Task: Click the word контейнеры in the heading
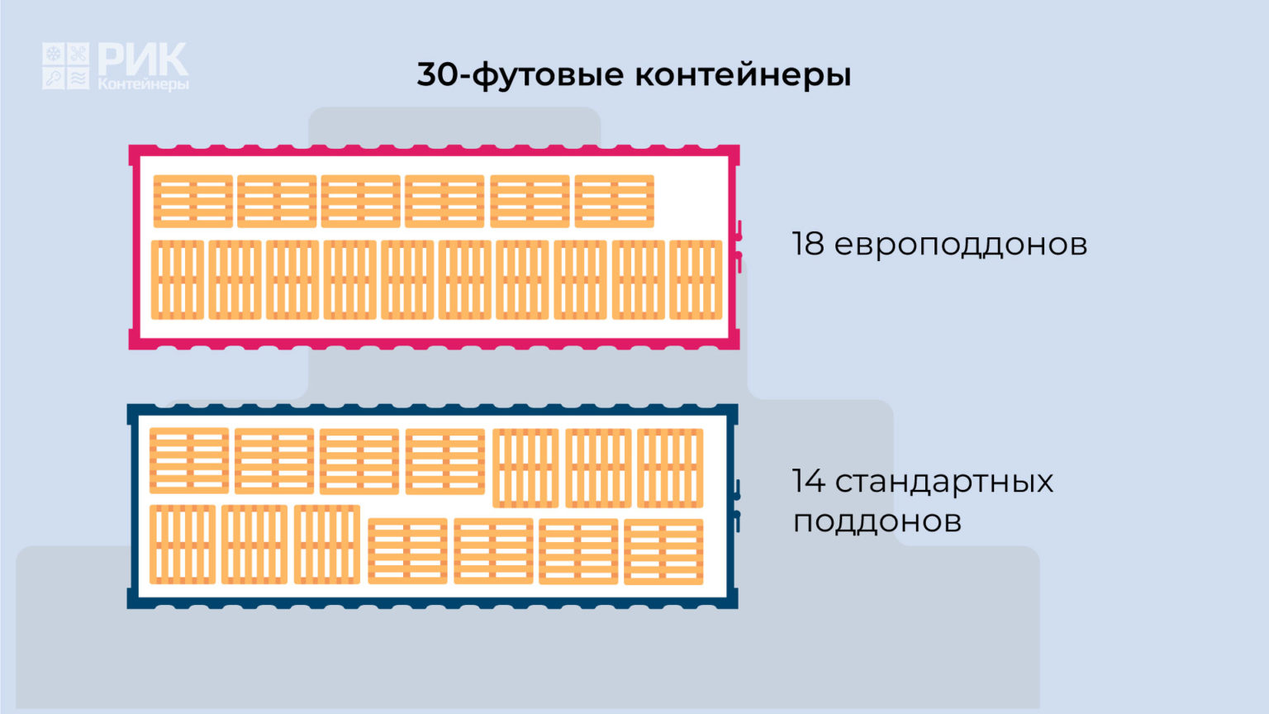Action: coord(743,75)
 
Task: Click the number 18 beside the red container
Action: coord(808,244)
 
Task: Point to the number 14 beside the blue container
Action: coord(809,481)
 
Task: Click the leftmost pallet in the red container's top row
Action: coord(193,201)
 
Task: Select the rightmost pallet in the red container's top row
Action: coord(614,201)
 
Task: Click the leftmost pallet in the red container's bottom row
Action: coord(178,280)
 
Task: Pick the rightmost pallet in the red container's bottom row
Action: coord(696,280)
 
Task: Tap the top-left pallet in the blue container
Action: coord(189,460)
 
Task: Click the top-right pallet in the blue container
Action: coord(670,468)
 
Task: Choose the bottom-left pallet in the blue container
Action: coord(183,545)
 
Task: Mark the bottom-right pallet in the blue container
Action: coord(663,551)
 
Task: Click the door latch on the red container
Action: coord(739,246)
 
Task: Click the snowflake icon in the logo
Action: coord(53,54)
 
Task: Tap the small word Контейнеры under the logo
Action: coord(143,84)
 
